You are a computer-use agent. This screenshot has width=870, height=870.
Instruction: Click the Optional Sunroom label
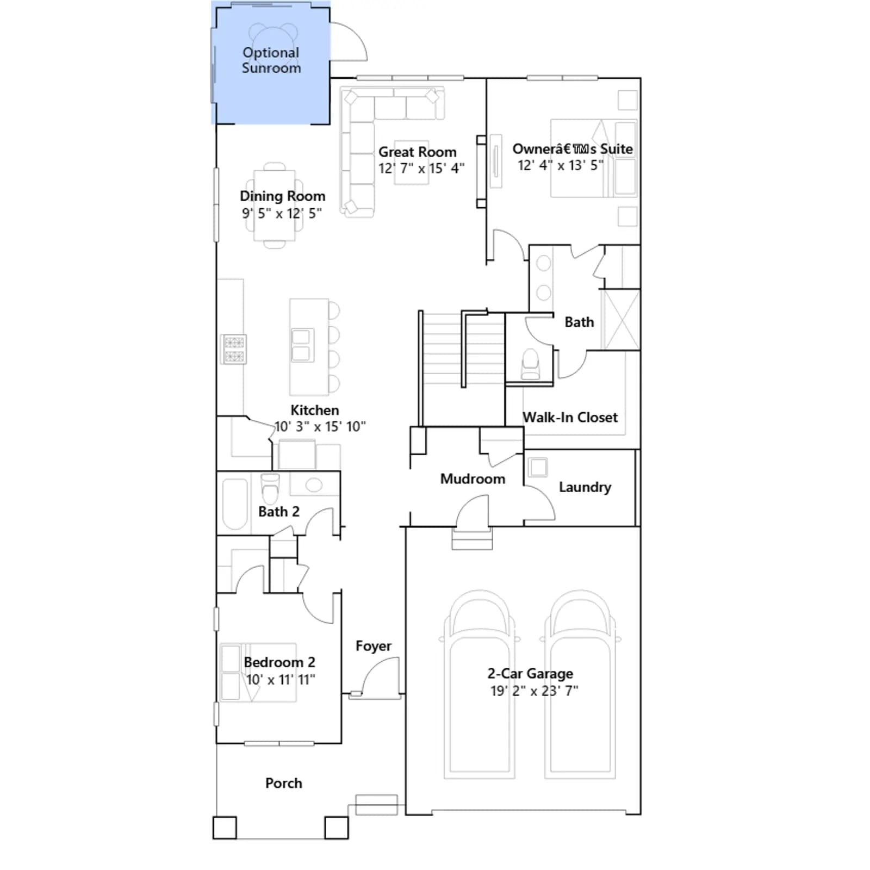(271, 60)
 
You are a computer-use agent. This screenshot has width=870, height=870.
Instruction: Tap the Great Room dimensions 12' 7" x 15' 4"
(421, 169)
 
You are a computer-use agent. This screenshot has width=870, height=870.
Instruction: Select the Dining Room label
(283, 196)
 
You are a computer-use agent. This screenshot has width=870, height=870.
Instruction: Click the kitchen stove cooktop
(234, 349)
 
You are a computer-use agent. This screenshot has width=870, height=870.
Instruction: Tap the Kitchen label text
(315, 410)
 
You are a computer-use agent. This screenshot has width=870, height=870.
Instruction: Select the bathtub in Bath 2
(235, 504)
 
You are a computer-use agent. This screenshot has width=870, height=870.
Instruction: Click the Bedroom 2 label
(279, 662)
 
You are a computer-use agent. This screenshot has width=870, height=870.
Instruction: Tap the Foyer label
(374, 646)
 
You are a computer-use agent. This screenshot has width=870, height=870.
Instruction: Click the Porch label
(284, 783)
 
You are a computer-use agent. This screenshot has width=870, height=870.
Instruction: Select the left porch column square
(225, 828)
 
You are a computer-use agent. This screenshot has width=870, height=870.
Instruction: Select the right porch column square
(337, 828)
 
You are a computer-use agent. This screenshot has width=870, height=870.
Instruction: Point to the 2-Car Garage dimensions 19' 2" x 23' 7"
(535, 691)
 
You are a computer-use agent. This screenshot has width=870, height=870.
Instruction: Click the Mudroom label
(473, 479)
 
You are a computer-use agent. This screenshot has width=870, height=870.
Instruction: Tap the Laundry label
(585, 487)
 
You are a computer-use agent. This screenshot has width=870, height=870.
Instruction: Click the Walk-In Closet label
(570, 418)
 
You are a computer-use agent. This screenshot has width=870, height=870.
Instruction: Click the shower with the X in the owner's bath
(620, 320)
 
